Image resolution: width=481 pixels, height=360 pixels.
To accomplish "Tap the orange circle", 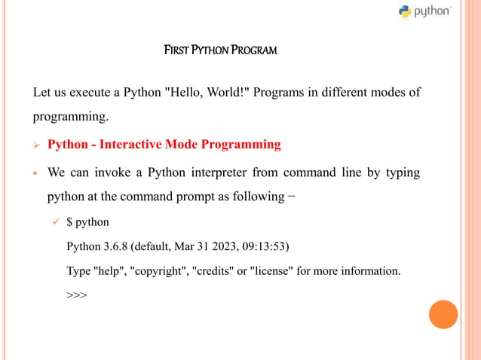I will tap(443, 314).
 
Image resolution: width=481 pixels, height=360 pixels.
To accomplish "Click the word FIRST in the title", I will tap(176, 51).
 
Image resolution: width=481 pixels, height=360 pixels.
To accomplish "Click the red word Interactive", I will tap(133, 144).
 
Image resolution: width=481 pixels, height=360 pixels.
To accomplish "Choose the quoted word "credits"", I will tap(215, 270).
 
